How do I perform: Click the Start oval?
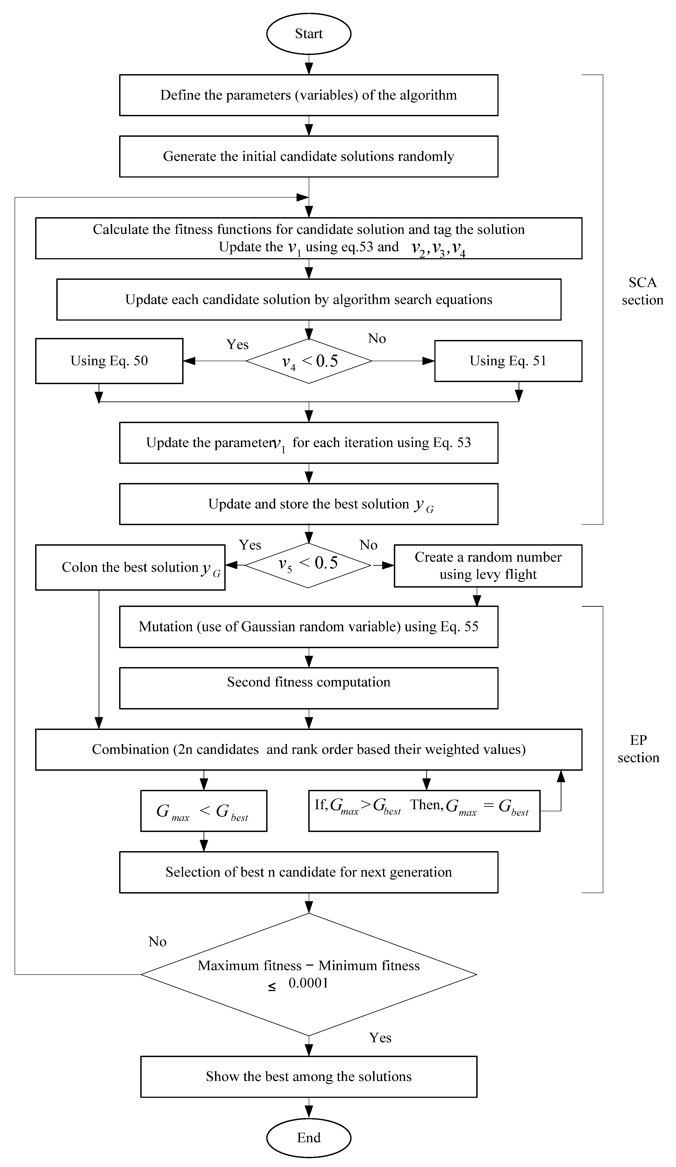(308, 34)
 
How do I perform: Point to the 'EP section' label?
(638, 749)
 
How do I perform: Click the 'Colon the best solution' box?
(130, 567)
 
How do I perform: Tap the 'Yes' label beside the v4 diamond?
(237, 344)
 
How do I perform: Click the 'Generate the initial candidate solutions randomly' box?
(308, 157)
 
